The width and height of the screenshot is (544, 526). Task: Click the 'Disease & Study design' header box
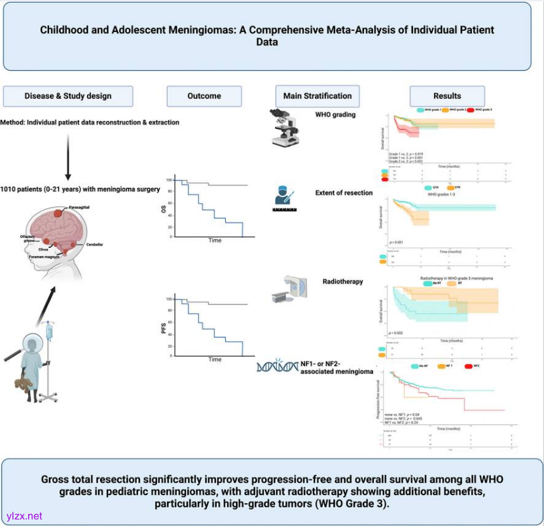coord(68,96)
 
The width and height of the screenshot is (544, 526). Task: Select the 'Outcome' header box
coord(204,96)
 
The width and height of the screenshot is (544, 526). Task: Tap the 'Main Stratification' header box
coord(317,96)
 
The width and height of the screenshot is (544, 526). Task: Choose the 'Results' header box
coord(447,96)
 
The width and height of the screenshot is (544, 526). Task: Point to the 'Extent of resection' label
coord(343,193)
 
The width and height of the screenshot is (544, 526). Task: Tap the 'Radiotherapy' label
coord(342,282)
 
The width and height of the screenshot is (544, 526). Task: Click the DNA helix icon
coord(276,368)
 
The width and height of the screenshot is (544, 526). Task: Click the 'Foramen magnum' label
coord(47,257)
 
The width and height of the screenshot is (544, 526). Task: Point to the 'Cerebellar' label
coord(94,244)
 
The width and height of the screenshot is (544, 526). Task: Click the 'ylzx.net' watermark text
coord(24,516)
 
